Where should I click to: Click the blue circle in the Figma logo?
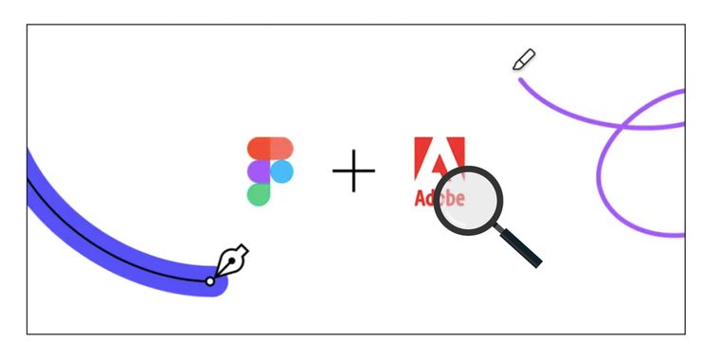[x=281, y=171]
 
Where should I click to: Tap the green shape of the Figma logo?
[x=259, y=194]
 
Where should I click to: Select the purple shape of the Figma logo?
[x=259, y=171]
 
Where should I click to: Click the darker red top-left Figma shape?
[x=259, y=149]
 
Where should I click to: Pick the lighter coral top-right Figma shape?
[x=281, y=149]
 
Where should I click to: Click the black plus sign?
[x=353, y=171]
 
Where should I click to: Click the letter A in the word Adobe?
[x=421, y=198]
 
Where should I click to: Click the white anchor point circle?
[x=210, y=280]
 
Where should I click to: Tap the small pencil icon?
[x=524, y=60]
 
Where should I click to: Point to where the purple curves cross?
[x=621, y=127]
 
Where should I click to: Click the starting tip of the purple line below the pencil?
[x=521, y=80]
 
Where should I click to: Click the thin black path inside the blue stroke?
[x=114, y=260]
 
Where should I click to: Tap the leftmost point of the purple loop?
[x=599, y=176]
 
